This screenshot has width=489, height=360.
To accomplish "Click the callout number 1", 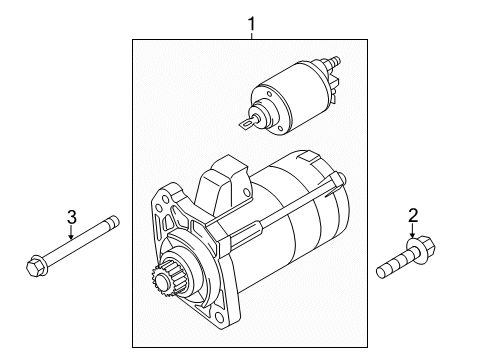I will click(x=251, y=21).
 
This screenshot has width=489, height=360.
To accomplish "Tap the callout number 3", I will click(x=71, y=217).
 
